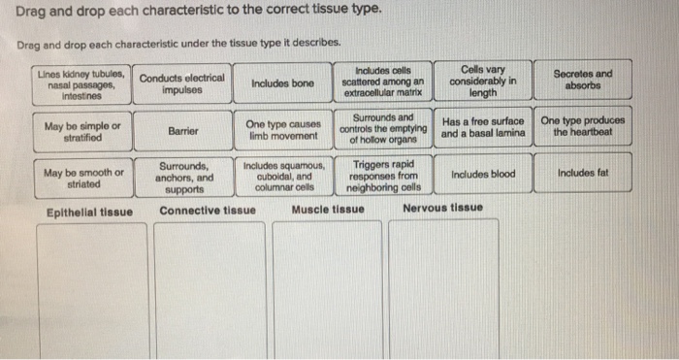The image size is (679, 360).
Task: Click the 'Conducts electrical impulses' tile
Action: coord(182,83)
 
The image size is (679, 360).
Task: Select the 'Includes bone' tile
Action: coord(282,83)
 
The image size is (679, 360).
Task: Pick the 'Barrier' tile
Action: coord(182,131)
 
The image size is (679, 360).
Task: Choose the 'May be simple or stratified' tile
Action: coord(82,131)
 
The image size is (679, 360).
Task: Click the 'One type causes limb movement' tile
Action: coord(282,131)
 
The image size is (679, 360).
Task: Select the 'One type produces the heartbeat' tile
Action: coord(582,127)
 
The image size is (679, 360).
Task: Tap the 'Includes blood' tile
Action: coord(483,175)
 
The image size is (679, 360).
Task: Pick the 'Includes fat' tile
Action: coord(582,174)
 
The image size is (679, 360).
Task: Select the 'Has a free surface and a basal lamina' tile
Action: coord(483,127)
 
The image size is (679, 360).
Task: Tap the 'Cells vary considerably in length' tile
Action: coord(483,80)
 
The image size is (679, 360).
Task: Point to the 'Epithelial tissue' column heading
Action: coord(89,212)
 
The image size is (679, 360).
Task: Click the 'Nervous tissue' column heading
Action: coord(442,208)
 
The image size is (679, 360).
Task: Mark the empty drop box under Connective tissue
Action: coord(210,289)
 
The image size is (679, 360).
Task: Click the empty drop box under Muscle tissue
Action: coord(327,289)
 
